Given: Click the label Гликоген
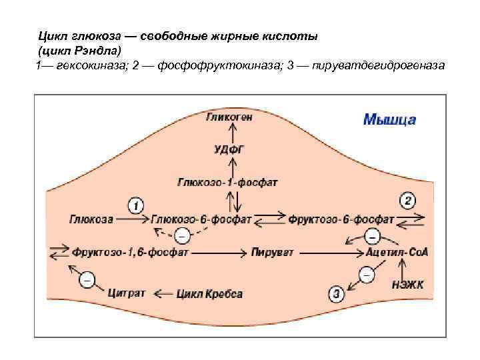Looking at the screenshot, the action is (x=229, y=117).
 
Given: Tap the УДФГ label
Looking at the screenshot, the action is (x=229, y=149).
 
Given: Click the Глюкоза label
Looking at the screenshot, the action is (x=91, y=219).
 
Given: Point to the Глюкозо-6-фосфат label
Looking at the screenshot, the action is (x=201, y=219).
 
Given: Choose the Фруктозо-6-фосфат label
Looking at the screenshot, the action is (x=340, y=219).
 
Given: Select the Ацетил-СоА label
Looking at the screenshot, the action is (x=397, y=253).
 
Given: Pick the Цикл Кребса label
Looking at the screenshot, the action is (x=209, y=293).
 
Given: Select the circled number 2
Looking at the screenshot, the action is (x=407, y=200).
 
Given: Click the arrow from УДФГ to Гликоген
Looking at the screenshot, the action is (x=229, y=133).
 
